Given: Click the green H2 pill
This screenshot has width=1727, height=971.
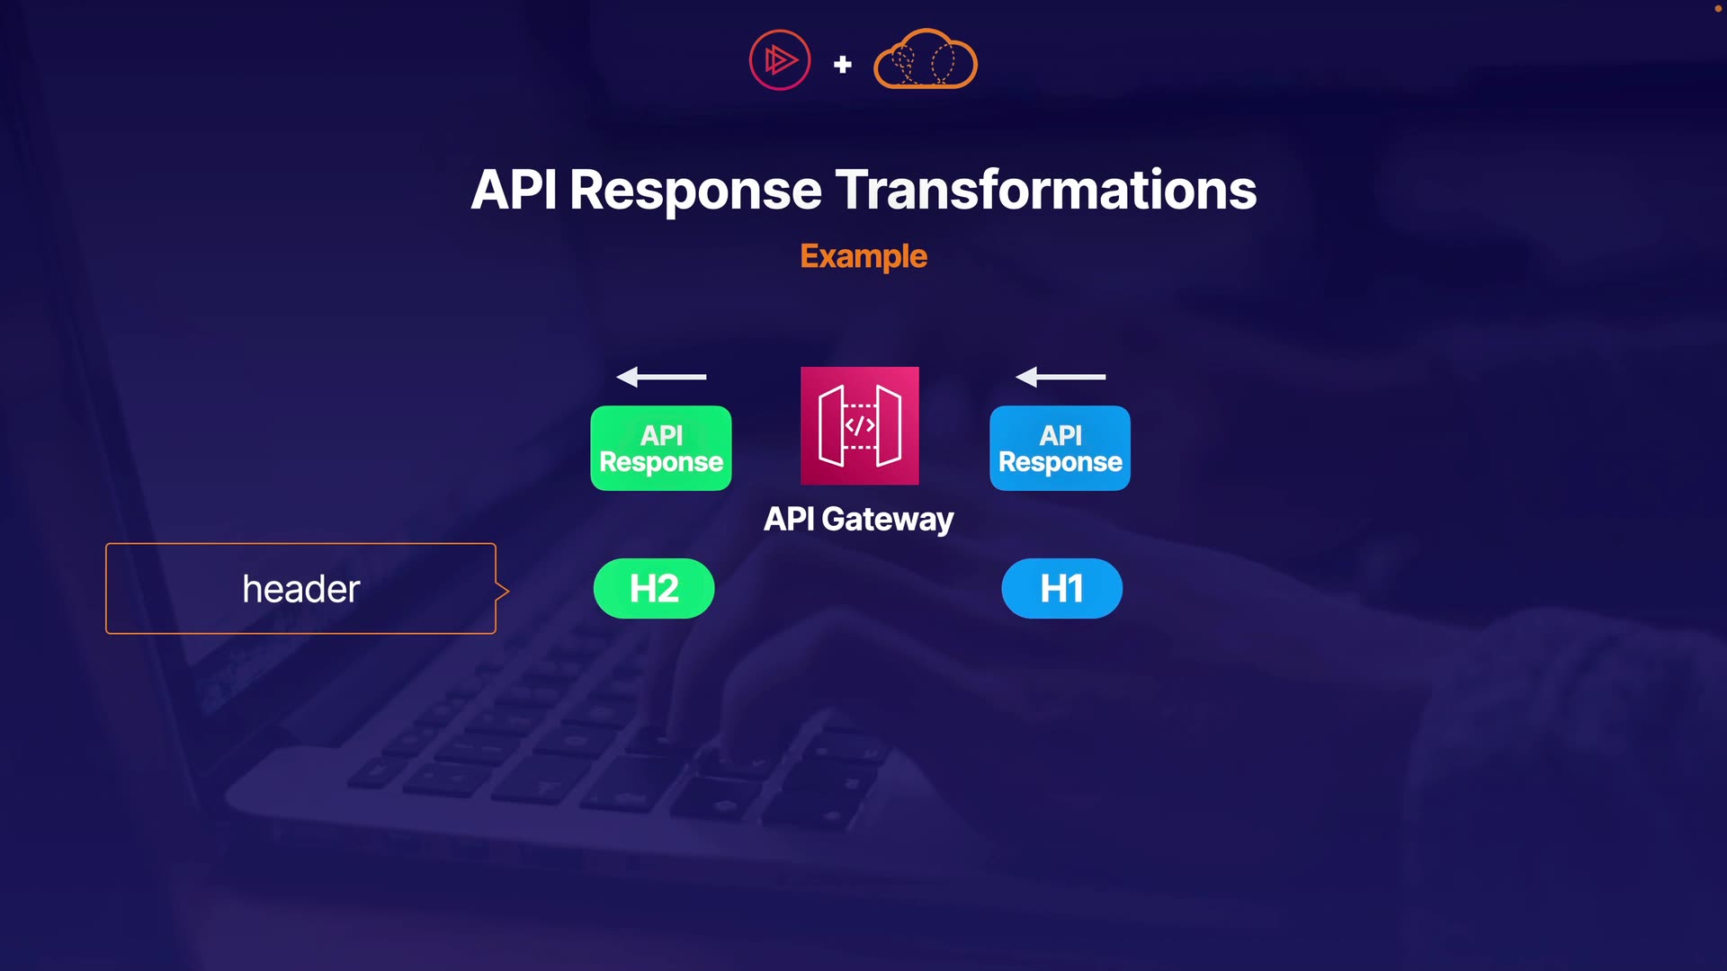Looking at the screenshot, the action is click(654, 589).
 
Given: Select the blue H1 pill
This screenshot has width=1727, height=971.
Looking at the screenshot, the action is click(1061, 589).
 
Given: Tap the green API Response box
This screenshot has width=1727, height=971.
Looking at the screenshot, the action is click(661, 448).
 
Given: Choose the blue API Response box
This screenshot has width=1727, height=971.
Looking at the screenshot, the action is click(1060, 448).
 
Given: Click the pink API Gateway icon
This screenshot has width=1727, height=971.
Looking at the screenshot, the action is click(860, 425).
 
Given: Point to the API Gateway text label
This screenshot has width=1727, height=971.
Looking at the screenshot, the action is click(858, 520).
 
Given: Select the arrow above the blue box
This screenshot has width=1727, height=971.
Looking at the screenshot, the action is click(1060, 377).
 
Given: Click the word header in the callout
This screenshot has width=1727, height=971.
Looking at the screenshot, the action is click(301, 590).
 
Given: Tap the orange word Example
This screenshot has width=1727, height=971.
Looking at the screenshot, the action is click(863, 257).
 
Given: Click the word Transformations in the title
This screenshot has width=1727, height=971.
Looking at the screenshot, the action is click(1046, 191).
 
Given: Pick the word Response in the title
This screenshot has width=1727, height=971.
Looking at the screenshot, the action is click(695, 191).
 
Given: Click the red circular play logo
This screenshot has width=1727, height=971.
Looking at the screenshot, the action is click(780, 60).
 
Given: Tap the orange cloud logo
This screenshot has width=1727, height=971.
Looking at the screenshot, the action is click(926, 59).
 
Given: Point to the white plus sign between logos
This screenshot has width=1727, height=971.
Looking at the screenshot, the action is click(843, 65).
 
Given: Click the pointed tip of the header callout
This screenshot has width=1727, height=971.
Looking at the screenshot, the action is click(506, 591).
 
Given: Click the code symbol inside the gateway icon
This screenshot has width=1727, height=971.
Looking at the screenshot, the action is click(860, 425).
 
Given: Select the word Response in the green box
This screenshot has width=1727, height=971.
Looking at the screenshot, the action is click(661, 462).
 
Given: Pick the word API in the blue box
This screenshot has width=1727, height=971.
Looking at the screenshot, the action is click(1060, 435).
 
